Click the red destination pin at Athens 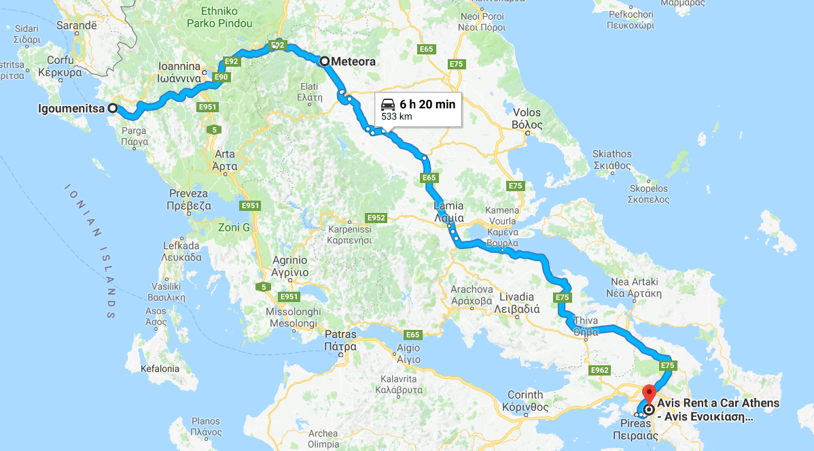point(649,394)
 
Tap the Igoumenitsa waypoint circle point(113,108)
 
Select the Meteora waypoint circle point(325,61)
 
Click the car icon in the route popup point(388,104)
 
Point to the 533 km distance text point(397,117)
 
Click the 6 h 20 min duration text point(427,104)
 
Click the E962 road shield point(600,370)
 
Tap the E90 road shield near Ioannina point(221,78)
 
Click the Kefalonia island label point(160,369)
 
